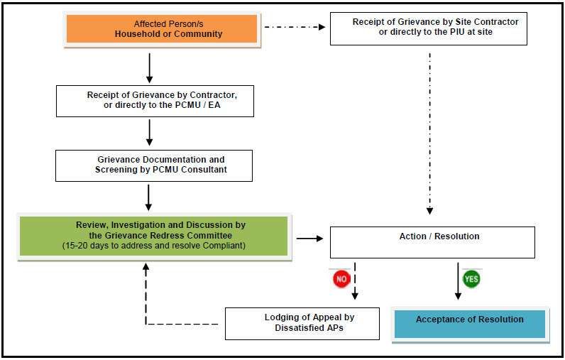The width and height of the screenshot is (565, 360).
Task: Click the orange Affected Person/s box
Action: point(162,29)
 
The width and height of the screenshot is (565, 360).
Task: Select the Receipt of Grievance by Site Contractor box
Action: point(429,29)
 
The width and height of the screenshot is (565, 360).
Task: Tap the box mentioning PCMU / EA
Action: point(155,102)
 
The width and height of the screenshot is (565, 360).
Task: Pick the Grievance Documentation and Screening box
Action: point(154,165)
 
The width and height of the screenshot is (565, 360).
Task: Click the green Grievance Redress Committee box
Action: point(154,236)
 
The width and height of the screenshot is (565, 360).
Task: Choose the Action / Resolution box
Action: point(432,242)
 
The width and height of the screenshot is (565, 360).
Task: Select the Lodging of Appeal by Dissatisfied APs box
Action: point(302,324)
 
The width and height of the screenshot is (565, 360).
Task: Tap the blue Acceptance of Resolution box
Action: point(470,324)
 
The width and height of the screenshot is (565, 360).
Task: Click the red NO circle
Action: point(341,279)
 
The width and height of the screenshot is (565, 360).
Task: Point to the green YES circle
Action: point(471,279)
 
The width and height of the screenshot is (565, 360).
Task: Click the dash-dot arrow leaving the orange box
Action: point(295,27)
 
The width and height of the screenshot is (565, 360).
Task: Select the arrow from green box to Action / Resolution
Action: point(309,238)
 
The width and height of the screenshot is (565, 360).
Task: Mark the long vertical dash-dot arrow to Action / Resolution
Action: point(429,134)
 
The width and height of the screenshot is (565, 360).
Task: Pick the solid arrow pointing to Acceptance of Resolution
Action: point(458,281)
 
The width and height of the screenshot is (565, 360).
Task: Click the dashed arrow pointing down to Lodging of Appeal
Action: point(355,281)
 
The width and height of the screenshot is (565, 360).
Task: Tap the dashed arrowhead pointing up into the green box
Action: point(146,267)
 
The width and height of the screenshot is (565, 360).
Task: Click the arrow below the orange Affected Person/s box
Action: point(150,68)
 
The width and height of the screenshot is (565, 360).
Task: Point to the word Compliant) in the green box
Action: point(224,246)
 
